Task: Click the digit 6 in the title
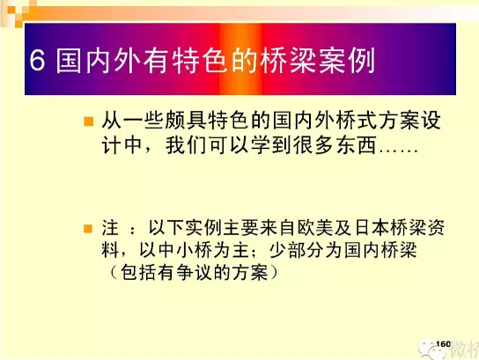[38, 60]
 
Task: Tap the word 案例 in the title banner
[347, 60]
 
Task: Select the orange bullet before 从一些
[89, 121]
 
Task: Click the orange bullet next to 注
[88, 229]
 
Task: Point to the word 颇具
[187, 120]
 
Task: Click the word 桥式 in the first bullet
[357, 120]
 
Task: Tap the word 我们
[187, 144]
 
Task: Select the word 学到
[271, 144]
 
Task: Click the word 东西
[357, 144]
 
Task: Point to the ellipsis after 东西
[398, 151]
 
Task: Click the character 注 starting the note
[110, 228]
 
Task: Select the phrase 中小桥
[186, 251]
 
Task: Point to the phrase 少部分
[297, 251]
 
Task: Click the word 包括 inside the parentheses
[139, 273]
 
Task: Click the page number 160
[444, 344]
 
